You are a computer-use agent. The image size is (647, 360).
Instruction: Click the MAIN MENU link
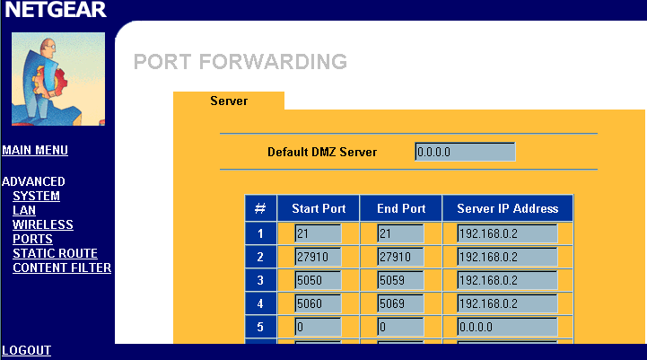(35, 150)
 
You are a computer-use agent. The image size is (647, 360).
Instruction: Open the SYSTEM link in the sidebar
(36, 196)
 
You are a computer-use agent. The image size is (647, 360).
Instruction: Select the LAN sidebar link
(24, 210)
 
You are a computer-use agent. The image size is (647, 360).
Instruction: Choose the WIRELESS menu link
(43, 224)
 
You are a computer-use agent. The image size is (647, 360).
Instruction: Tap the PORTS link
(32, 239)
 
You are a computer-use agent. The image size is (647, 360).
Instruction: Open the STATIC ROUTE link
(55, 253)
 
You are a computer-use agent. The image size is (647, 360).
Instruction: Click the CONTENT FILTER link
(62, 268)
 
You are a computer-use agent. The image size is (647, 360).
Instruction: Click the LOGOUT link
(26, 350)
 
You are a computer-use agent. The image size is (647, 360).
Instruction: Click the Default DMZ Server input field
(465, 152)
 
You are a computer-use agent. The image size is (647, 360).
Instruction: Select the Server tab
(229, 101)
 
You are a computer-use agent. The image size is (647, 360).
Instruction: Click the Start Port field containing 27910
(319, 257)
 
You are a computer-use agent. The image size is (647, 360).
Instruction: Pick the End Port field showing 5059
(400, 280)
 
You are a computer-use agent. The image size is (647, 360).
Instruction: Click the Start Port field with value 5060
(319, 303)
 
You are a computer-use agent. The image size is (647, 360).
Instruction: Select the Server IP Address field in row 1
(508, 233)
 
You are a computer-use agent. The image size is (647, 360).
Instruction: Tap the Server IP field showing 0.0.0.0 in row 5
(508, 327)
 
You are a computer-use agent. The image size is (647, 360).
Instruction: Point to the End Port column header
(401, 208)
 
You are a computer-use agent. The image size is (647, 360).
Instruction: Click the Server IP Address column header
(508, 208)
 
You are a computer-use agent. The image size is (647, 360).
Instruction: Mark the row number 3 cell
(260, 280)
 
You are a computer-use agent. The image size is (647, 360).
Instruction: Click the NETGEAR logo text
(56, 10)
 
